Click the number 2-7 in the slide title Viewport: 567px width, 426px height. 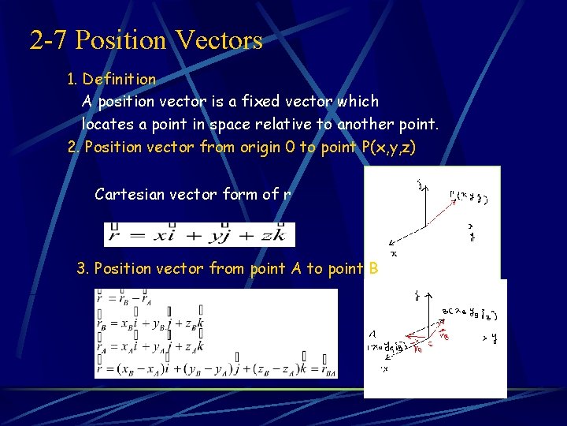[x=49, y=39]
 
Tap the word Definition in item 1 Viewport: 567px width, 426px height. [x=119, y=79]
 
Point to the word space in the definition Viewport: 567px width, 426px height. [x=236, y=124]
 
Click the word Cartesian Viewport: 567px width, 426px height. [x=127, y=193]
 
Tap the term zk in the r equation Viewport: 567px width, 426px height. [x=276, y=235]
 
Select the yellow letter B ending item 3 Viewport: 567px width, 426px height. [x=373, y=269]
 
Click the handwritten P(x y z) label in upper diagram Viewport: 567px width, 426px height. [x=468, y=198]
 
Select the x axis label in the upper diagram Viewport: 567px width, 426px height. [x=394, y=254]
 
